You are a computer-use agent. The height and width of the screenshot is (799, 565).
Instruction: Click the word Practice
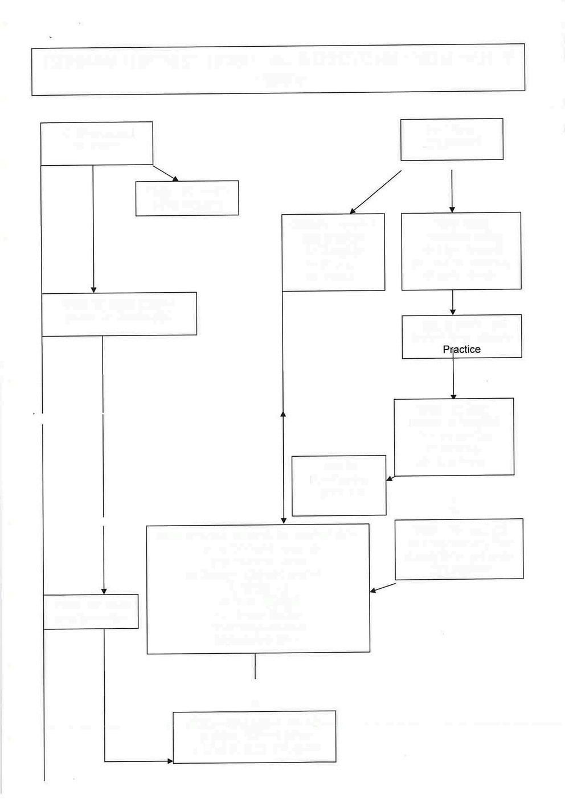462,349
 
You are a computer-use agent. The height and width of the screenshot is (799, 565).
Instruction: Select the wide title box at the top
278,69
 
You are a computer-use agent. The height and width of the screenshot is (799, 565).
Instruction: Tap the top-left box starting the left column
97,143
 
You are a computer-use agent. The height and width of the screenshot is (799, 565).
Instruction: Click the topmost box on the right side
452,139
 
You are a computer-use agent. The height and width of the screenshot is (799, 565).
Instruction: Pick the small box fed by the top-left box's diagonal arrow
187,198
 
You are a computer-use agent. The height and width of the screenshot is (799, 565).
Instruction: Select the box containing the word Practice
462,336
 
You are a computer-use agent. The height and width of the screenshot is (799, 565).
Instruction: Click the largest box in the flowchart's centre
258,588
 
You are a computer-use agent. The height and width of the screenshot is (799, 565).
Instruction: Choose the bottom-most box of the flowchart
254,736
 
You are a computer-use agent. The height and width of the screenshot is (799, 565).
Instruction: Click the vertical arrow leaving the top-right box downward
452,191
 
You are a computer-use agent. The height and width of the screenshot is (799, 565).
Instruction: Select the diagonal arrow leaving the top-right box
376,192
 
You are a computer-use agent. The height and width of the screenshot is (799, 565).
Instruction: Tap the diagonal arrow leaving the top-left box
166,173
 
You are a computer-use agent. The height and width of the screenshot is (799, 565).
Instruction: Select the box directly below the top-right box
461,251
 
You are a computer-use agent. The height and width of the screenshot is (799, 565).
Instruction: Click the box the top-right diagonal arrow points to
333,252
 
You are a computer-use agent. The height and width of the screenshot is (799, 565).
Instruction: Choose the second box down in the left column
120,314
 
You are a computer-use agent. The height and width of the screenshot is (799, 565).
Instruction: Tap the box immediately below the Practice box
454,436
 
